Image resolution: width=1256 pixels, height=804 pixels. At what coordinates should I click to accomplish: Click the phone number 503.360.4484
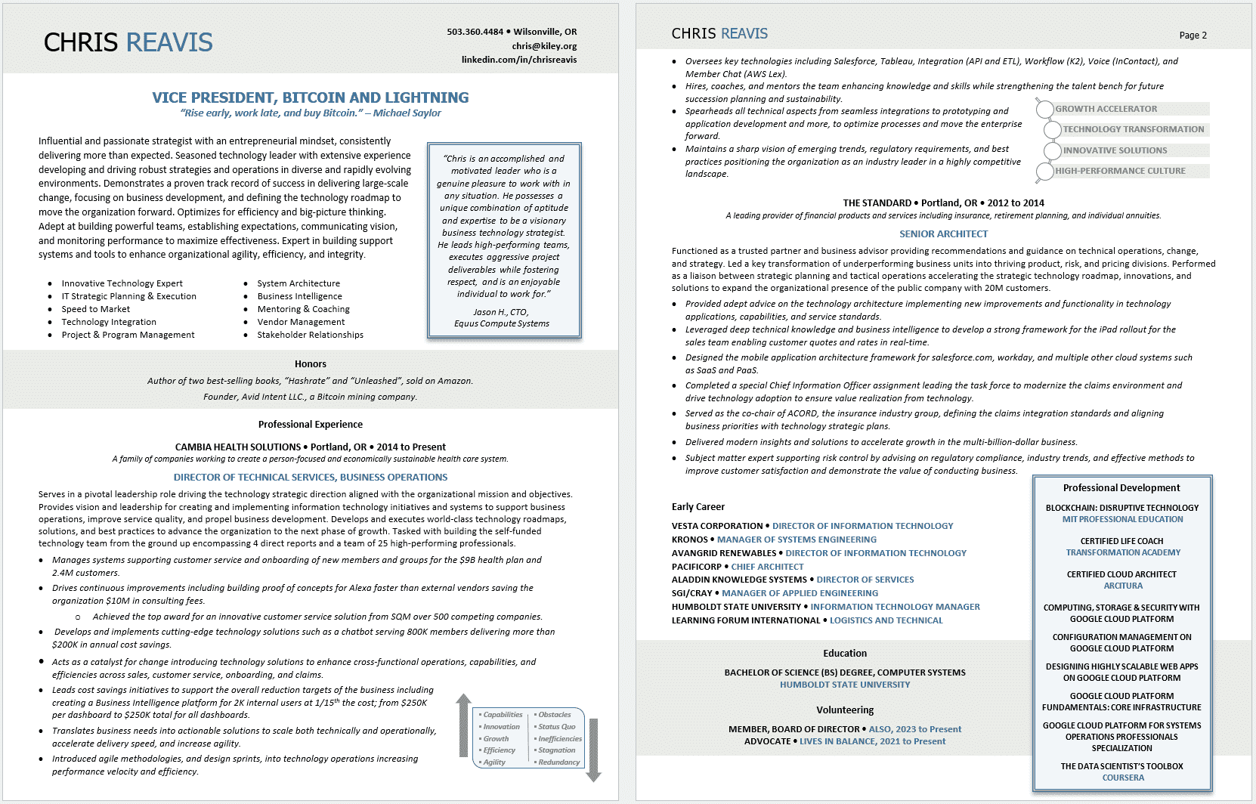click(x=475, y=32)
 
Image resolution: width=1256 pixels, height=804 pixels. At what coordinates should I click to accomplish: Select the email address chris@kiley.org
click(x=544, y=46)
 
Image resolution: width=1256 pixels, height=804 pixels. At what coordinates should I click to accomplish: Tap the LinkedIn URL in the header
click(x=519, y=60)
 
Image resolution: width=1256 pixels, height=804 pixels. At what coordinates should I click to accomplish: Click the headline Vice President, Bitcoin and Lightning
click(x=310, y=97)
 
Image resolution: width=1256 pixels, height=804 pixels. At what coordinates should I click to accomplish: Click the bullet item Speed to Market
click(x=96, y=309)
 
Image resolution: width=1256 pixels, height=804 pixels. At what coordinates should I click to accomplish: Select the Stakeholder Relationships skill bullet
click(x=310, y=335)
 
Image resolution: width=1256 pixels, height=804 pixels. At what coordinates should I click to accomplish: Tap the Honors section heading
click(x=310, y=364)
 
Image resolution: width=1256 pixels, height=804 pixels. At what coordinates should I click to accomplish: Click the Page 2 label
click(x=1193, y=36)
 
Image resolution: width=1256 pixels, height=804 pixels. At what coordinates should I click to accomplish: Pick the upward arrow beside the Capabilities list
click(x=464, y=725)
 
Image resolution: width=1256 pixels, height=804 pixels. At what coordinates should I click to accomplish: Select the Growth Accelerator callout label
click(x=1106, y=109)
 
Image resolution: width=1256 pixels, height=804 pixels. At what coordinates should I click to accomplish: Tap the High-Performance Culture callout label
click(x=1120, y=171)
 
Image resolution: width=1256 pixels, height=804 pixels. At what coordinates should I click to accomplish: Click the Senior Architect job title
click(x=943, y=234)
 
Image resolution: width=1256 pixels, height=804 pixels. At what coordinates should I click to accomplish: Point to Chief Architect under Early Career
click(x=767, y=567)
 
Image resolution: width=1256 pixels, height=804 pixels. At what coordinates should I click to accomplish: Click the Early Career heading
click(x=698, y=507)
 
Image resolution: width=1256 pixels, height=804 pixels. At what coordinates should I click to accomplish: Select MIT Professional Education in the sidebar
click(x=1122, y=520)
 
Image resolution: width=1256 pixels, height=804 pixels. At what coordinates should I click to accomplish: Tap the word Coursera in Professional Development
click(x=1123, y=778)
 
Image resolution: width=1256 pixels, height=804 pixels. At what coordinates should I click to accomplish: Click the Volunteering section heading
click(x=844, y=710)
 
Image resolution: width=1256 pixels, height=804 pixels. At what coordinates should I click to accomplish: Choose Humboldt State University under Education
click(x=845, y=685)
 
